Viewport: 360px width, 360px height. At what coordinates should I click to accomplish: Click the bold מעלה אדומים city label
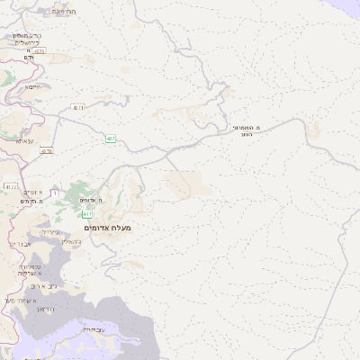(x=108, y=229)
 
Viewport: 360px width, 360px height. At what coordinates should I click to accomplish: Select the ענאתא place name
(x=24, y=140)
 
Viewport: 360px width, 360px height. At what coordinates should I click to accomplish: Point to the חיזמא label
(x=33, y=86)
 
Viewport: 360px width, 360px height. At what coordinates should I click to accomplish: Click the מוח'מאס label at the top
(x=64, y=11)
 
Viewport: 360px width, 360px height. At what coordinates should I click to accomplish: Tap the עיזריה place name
(x=52, y=232)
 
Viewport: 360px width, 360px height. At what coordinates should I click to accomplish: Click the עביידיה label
(x=94, y=330)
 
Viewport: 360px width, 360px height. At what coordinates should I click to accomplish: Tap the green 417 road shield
(x=87, y=214)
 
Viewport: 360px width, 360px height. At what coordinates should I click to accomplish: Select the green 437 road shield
(x=110, y=139)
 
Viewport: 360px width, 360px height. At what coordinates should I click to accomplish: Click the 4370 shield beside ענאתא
(x=47, y=151)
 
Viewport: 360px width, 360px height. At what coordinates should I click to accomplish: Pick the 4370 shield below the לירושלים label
(x=40, y=52)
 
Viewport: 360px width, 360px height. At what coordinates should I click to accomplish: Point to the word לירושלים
(x=27, y=42)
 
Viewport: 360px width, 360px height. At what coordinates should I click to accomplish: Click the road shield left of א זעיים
(x=11, y=187)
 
